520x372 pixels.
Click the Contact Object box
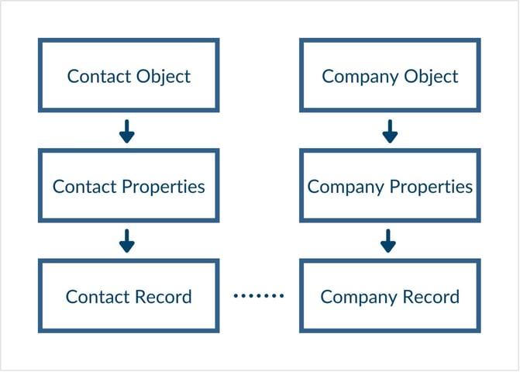coord(129,75)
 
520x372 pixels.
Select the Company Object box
coord(390,75)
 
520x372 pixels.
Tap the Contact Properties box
coord(129,186)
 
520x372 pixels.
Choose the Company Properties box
coord(390,186)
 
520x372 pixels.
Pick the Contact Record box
coord(129,296)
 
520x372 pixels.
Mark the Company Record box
coord(390,296)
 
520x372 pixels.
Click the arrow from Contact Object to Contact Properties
coord(127,131)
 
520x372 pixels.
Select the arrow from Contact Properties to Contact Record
coord(127,241)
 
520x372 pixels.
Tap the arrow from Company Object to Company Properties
coord(390,131)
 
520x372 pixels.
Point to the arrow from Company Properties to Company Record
coord(389,241)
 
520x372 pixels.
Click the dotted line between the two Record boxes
coord(259,296)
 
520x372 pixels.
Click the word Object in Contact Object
coord(165,77)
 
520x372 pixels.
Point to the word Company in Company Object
coord(355,77)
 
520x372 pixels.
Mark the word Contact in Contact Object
coord(94,77)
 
